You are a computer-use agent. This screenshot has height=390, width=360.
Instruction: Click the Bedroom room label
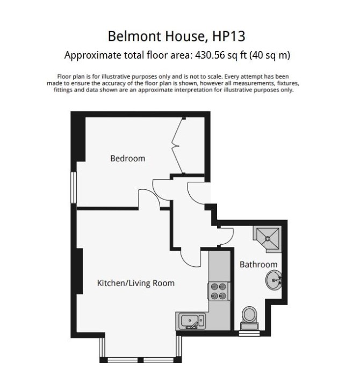[x=128, y=159]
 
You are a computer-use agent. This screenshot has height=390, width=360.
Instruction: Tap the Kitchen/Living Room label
[x=135, y=283]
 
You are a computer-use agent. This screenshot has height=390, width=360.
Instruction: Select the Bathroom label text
[x=258, y=265]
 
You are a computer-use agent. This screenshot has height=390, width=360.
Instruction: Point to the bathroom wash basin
[x=274, y=280]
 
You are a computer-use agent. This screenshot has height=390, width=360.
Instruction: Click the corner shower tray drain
[x=268, y=238]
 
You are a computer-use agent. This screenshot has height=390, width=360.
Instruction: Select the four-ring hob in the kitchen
[x=219, y=291]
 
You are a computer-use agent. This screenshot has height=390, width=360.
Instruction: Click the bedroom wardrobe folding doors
[x=178, y=146]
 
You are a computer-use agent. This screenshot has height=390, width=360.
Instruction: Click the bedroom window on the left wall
[x=73, y=188]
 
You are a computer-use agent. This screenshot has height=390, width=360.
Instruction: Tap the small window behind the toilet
[x=249, y=334]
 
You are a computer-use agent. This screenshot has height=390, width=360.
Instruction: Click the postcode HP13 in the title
[x=228, y=36]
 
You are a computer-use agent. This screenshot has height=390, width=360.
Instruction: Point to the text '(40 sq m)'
[x=270, y=55]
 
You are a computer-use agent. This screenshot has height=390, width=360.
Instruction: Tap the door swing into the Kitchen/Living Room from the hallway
[x=190, y=259]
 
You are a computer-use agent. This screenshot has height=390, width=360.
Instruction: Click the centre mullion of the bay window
[x=141, y=360]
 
